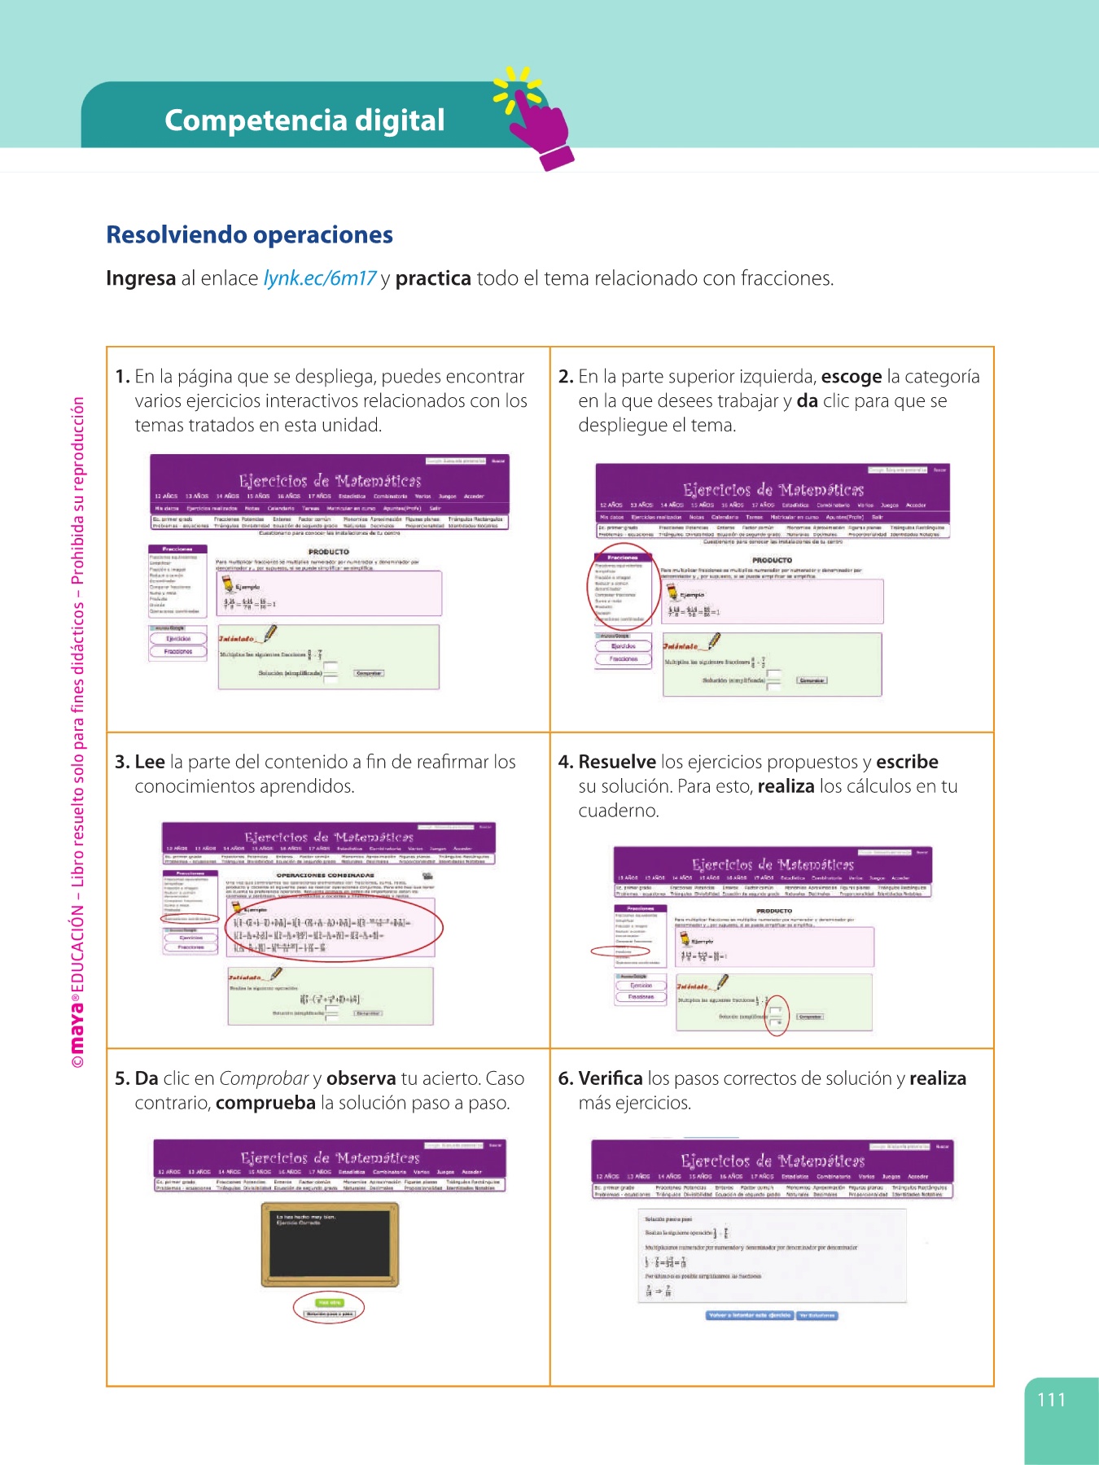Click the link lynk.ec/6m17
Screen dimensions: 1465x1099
tap(319, 279)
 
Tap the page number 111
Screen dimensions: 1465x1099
tap(1051, 1400)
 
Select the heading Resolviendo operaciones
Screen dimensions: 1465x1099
tap(249, 235)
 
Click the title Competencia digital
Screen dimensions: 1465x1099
tap(304, 120)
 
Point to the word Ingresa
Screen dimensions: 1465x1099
tap(141, 278)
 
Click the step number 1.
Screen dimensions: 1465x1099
tap(122, 377)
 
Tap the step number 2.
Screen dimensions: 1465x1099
tap(566, 377)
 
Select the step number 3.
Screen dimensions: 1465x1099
tap(122, 763)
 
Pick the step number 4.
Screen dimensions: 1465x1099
tap(566, 763)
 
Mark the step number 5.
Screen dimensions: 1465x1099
tap(122, 1079)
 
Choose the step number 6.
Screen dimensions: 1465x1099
tap(566, 1079)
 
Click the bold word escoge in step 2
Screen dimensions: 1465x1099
tap(851, 377)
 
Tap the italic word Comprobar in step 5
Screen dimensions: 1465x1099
tap(264, 1079)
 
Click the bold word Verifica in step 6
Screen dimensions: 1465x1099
tap(610, 1079)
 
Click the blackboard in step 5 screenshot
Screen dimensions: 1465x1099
tap(331, 1244)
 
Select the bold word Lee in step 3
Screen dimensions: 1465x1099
tap(150, 763)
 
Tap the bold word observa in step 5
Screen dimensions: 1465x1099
tap(361, 1079)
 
